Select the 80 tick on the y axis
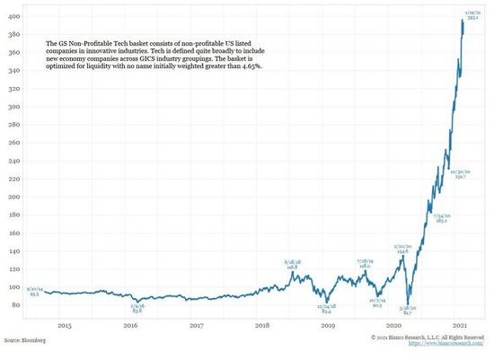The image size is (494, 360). tap(16, 305)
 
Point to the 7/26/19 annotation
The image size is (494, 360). tap(364, 262)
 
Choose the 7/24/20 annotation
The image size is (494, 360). tap(441, 218)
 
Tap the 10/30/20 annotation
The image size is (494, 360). tap(460, 174)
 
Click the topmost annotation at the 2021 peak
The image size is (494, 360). tap(472, 10)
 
